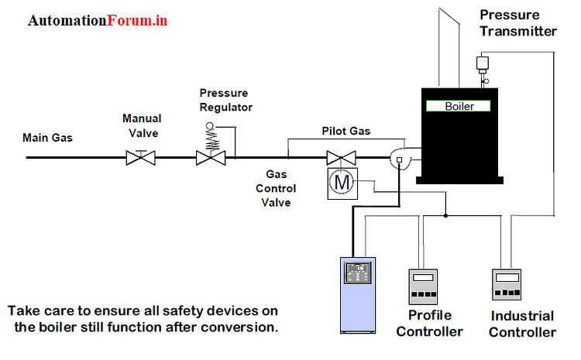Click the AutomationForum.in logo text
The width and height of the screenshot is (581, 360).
pyautogui.click(x=98, y=21)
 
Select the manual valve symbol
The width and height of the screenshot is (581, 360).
pyautogui.click(x=141, y=158)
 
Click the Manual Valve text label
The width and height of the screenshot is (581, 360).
pyautogui.click(x=142, y=125)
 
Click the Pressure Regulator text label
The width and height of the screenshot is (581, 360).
pyautogui.click(x=225, y=100)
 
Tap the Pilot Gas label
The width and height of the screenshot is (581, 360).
pyautogui.click(x=346, y=132)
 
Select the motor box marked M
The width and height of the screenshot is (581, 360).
pyautogui.click(x=340, y=182)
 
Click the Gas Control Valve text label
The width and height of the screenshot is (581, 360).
pyautogui.click(x=277, y=189)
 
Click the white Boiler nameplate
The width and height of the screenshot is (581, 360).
pyautogui.click(x=459, y=106)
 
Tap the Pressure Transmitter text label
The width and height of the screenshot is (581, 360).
pyautogui.click(x=517, y=23)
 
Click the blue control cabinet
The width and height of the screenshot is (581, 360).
pyautogui.click(x=358, y=295)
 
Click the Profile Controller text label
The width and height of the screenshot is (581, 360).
pyautogui.click(x=435, y=324)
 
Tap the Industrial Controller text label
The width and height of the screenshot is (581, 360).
pyautogui.click(x=523, y=324)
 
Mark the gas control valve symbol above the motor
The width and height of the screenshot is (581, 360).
pyautogui.click(x=339, y=157)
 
